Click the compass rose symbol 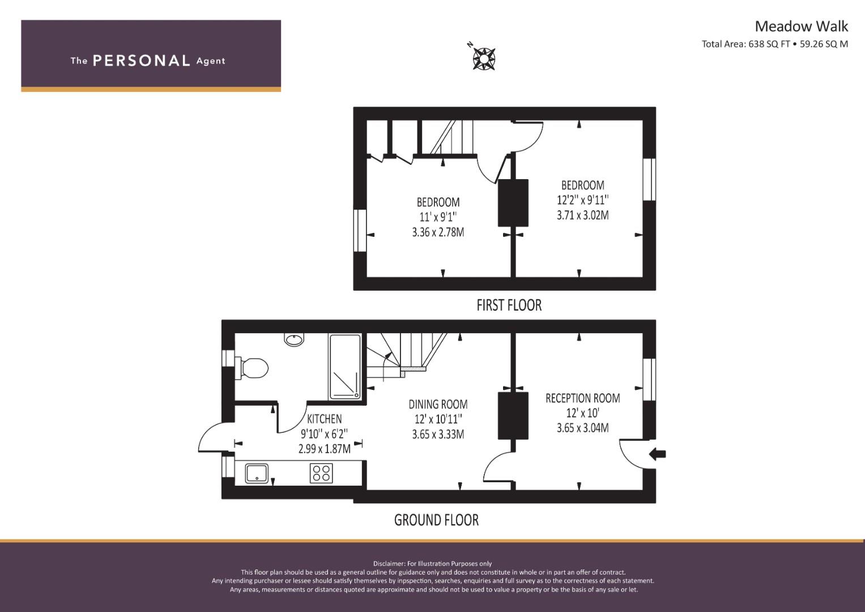[x=483, y=59]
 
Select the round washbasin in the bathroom [x=294, y=339]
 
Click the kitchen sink [x=257, y=473]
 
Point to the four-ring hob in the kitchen [x=321, y=473]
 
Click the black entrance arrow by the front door [x=657, y=454]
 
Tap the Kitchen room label [x=325, y=419]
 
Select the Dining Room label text [x=438, y=405]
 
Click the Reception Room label [x=583, y=398]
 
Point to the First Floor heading [x=509, y=305]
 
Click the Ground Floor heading [x=436, y=520]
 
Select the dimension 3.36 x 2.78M [x=438, y=232]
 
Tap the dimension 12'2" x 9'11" [x=583, y=200]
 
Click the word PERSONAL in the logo [x=142, y=61]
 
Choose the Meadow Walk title [x=802, y=26]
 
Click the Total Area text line [x=774, y=44]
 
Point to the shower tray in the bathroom [x=345, y=367]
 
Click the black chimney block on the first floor [x=513, y=203]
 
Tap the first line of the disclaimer [x=432, y=564]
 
